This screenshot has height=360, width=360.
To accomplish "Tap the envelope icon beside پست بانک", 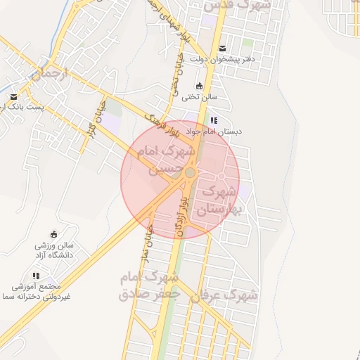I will (x=13, y=97).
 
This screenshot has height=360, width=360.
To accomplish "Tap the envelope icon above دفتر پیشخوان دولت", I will (x=223, y=49).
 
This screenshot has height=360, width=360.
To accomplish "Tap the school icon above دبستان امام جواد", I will (x=214, y=121).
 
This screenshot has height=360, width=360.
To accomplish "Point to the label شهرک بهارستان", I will (x=218, y=200).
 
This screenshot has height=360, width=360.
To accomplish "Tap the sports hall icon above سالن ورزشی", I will (x=55, y=235).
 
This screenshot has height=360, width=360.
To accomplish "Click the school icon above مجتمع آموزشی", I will (x=36, y=276).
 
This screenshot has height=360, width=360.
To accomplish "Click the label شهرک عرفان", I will (x=226, y=295).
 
